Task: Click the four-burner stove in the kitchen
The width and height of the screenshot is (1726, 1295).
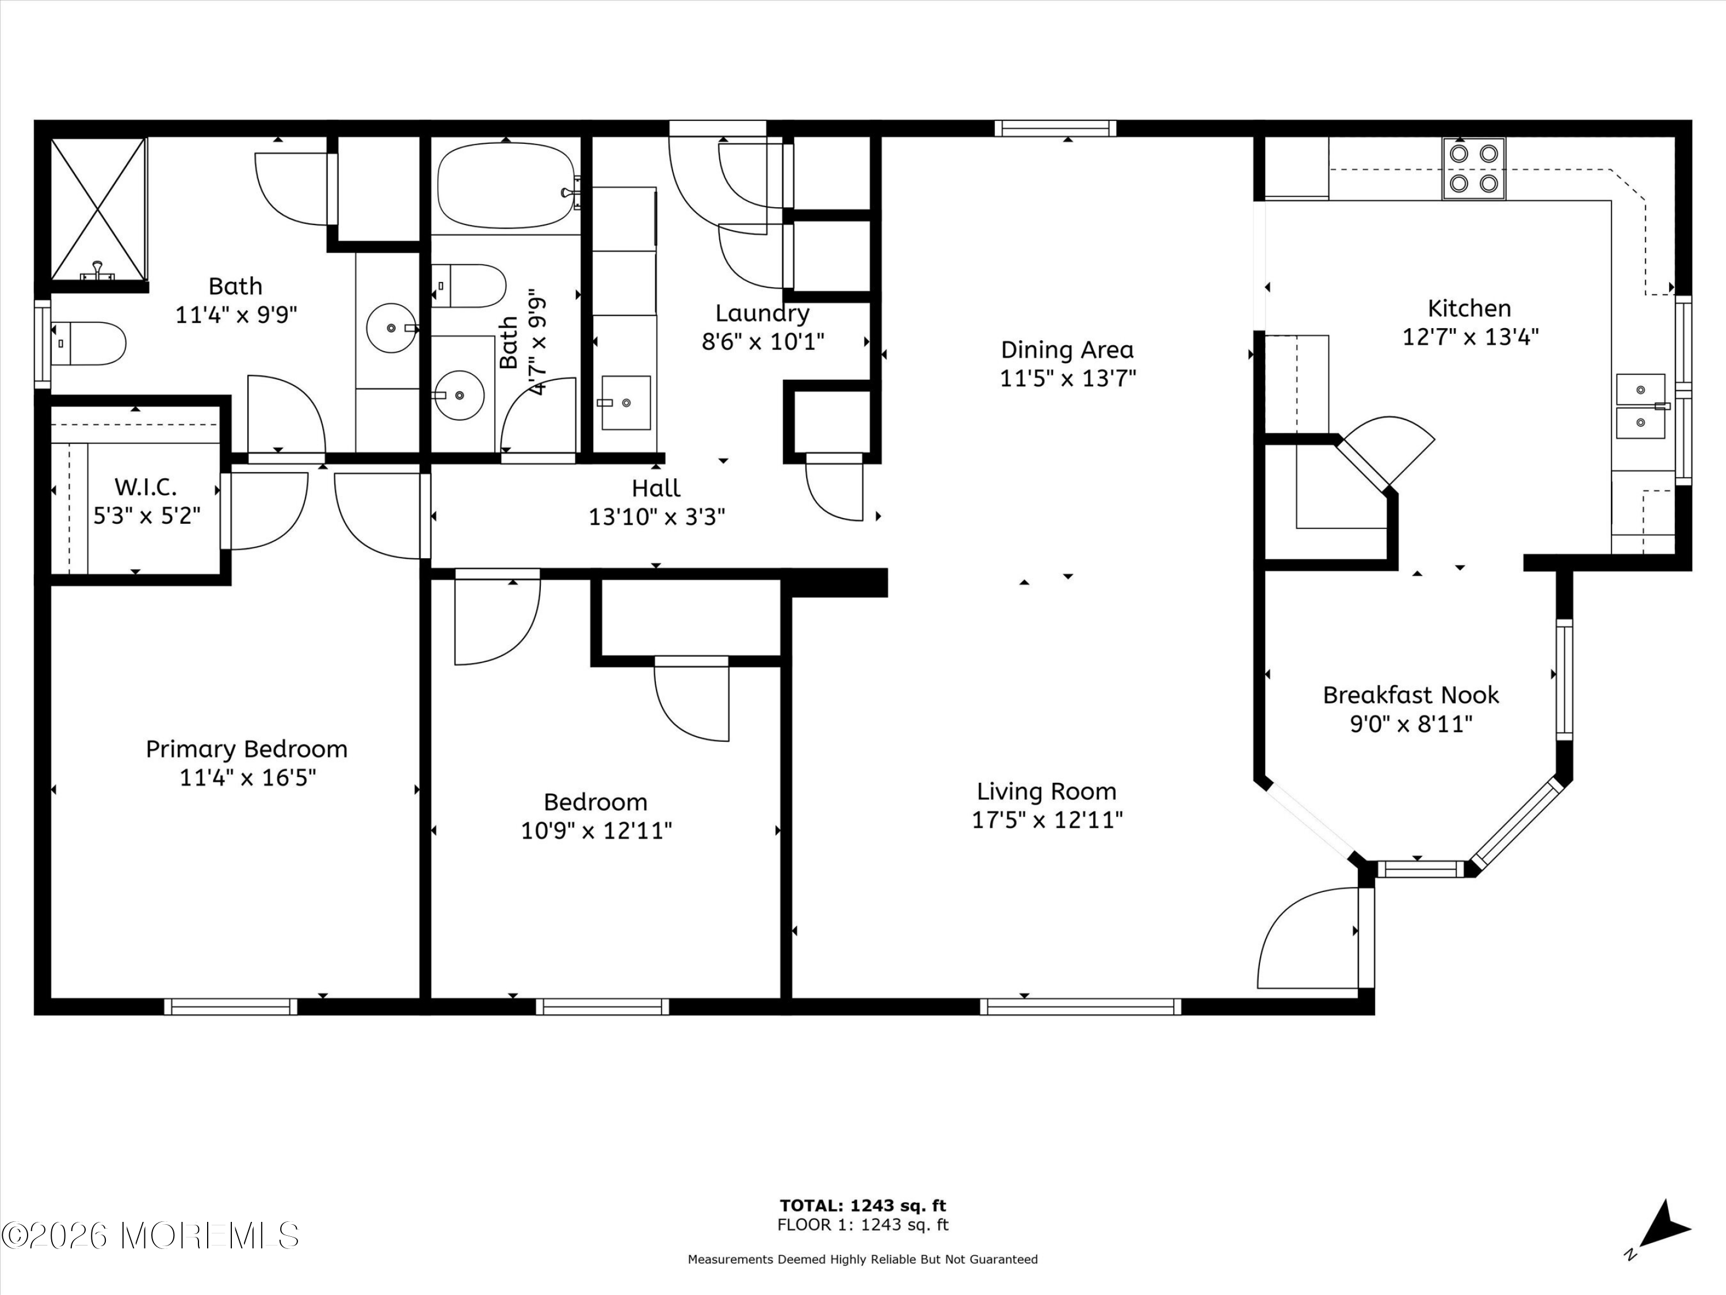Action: coord(1473,169)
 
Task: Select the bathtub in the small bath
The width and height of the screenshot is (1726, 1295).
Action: coord(506,186)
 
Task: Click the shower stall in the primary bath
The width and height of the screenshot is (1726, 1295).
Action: coord(99,209)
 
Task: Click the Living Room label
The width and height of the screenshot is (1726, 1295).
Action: coord(1047,791)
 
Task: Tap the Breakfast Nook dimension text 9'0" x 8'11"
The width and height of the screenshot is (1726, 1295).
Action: coord(1411,723)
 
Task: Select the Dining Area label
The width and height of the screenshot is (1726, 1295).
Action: coord(1067,350)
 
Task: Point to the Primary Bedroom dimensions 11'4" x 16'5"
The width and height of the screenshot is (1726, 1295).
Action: coord(247,778)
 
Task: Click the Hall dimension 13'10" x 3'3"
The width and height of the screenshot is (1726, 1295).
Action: coord(656,517)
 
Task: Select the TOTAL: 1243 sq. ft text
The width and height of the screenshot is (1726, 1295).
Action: coord(862,1206)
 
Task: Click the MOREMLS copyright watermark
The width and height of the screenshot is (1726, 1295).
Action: coord(150,1236)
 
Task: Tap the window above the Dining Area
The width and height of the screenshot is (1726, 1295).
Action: coord(1055,128)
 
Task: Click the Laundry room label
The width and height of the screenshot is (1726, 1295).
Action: coord(762,313)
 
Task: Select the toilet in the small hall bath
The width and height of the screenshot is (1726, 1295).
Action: coord(468,285)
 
